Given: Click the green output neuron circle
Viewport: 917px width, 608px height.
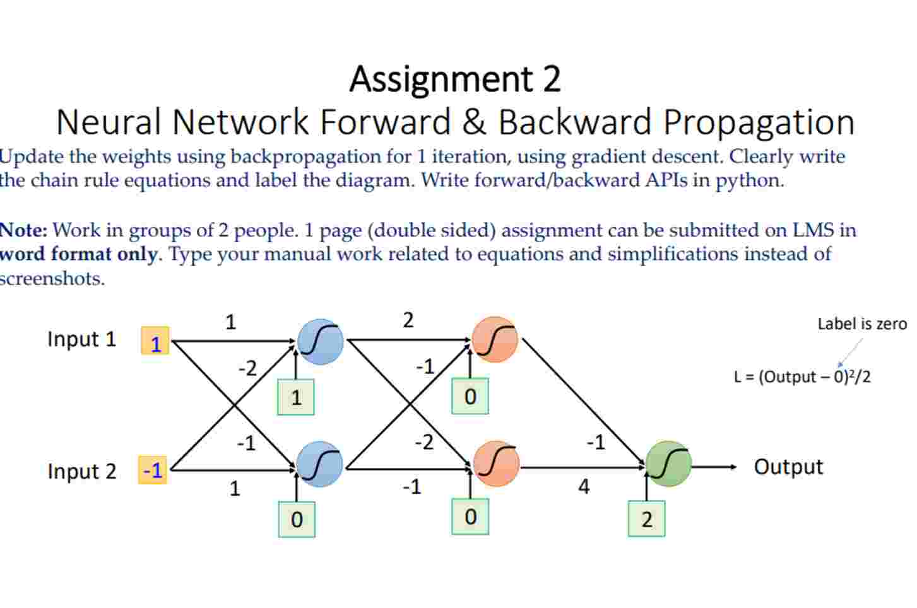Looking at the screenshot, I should pos(668,464).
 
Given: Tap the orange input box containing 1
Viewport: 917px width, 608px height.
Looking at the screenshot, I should pos(155,341).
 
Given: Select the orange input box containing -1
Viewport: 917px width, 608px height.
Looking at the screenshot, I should pos(153,470).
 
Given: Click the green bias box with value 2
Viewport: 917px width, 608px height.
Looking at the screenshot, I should pos(646,518).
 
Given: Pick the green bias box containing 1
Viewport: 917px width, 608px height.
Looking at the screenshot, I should pos(296,397).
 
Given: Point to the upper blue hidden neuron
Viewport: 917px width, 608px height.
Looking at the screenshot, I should pos(321,342).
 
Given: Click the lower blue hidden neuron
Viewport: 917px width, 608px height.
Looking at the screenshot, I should pos(320,464).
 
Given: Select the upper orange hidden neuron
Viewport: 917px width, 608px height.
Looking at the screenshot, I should pos(495,340).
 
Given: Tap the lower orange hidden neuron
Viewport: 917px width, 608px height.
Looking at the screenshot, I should pos(496,464).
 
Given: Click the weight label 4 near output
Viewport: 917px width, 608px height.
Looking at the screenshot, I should pos(584,486).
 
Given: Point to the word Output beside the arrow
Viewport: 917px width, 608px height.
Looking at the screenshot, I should pos(788,467).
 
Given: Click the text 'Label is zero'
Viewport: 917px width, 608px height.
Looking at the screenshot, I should pos(861,324).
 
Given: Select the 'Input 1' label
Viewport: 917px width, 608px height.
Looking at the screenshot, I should pos(82,339).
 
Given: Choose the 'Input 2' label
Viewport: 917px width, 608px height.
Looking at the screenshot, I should pos(82,471).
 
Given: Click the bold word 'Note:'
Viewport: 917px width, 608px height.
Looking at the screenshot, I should pos(24,230).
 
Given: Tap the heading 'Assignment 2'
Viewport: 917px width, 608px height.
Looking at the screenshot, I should pos(455,79).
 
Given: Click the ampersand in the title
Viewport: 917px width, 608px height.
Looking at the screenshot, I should pos(473,122).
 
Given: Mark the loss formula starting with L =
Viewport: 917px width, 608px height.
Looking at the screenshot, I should pos(802,377).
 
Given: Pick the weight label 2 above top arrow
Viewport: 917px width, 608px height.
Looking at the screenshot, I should pos(408,320).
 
